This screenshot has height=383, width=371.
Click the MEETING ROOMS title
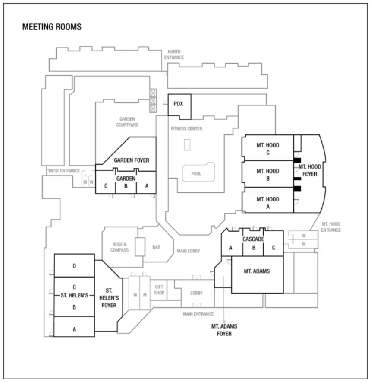coord(52,27)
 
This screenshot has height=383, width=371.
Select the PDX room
coord(179,104)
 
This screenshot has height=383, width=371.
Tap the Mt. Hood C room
coord(267,149)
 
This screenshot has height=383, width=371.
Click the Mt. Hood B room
coord(267,174)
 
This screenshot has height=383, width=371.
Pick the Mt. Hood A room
coord(267,202)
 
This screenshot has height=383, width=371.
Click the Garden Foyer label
coord(132,160)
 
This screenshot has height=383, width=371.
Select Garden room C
coord(106,187)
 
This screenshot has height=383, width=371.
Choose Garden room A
coord(147,187)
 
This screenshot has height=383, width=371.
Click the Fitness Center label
coord(186,129)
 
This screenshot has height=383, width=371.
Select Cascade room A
coord(231,248)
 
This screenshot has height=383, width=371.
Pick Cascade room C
coord(273,248)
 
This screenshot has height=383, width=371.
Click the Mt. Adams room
coord(257,271)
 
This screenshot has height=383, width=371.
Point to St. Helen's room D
coord(74,266)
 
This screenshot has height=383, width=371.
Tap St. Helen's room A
coord(74,329)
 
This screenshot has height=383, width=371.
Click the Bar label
coord(156,247)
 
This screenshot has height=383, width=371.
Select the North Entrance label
coord(174,54)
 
